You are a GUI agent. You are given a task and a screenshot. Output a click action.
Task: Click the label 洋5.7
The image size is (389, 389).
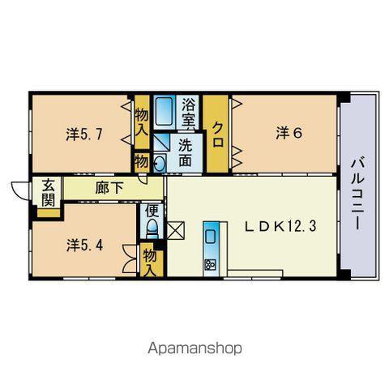pos(84,135)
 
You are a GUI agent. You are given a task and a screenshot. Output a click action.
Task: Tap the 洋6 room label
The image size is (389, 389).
pos(289,134)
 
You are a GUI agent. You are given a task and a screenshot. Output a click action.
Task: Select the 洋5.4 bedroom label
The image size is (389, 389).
pos(85,246)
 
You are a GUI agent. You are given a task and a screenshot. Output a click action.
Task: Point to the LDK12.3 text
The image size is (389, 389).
pos(280,227)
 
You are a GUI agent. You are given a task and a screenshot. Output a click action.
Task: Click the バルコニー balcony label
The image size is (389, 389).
pos(357,194)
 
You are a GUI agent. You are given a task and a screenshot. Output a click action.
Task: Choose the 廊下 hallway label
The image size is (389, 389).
pos(109,187)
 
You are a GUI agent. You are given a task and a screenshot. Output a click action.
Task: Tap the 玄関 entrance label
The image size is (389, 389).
pos(49,192)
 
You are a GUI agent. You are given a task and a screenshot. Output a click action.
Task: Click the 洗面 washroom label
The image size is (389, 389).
pos(186,153)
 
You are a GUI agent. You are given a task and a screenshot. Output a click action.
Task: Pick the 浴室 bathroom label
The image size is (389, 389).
pos(188,112)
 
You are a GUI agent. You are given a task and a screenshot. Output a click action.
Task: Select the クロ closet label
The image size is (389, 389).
pos(218,135)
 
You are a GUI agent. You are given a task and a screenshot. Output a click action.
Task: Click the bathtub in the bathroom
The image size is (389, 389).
pos(164,112)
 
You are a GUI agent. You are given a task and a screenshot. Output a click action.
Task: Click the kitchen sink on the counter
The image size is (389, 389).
pos(211,237)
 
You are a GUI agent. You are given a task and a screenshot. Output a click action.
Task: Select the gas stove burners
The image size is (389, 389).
pos(210,264)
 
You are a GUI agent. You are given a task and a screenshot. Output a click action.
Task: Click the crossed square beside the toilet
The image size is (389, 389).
pos(176,230)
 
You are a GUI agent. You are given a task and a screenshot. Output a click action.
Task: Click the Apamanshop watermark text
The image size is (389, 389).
pos(194,348)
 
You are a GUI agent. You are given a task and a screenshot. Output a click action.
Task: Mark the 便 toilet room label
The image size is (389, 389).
pos(152,211)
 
